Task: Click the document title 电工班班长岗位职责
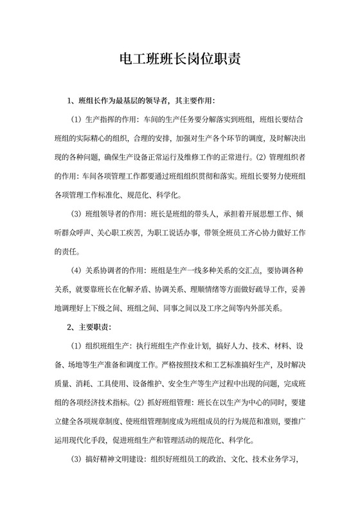[181, 60]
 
